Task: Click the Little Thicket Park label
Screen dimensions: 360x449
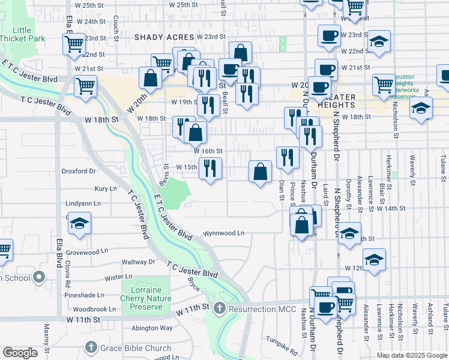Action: point(22,34)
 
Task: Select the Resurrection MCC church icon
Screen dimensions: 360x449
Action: point(219,308)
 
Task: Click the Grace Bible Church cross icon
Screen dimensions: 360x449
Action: point(91,347)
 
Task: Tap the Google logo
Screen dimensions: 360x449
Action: point(20,353)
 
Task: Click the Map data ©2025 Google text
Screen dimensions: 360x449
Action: point(412,355)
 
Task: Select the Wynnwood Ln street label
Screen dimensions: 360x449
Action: point(223,233)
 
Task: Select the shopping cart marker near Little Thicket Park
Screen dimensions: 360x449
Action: point(73,44)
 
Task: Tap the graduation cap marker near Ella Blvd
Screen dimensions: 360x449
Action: point(79,223)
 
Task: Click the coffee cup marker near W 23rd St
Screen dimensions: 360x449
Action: point(328,35)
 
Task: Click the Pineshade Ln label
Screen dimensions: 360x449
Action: point(85,295)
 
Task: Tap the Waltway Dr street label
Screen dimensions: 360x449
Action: point(138,262)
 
